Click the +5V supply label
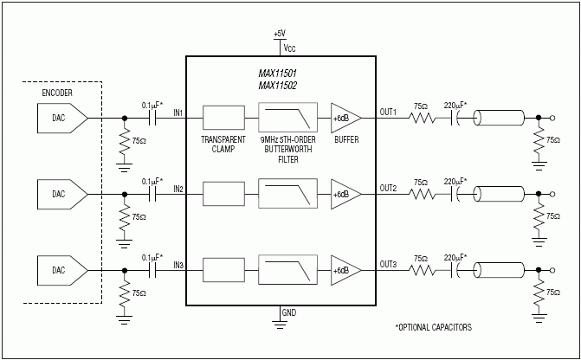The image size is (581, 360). click(279, 33)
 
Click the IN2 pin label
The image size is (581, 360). click(178, 187)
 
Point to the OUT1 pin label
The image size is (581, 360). click(388, 111)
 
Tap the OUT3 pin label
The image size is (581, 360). click(388, 264)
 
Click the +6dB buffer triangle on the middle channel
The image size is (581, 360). click(344, 193)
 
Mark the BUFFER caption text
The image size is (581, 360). click(345, 139)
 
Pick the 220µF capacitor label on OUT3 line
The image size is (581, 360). click(455, 258)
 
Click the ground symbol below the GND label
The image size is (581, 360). click(280, 324)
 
